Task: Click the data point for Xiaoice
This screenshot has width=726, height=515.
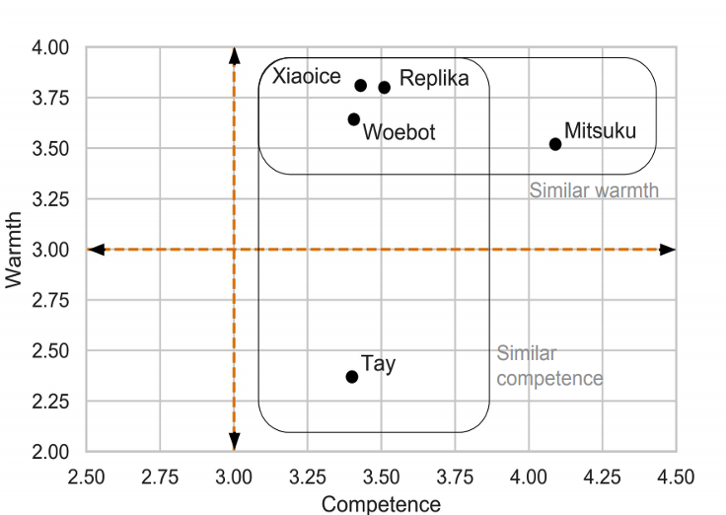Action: tap(361, 86)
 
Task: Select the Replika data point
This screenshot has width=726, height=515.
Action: tap(385, 88)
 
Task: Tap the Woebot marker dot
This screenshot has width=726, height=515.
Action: tap(354, 119)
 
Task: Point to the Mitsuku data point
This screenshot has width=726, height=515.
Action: tap(555, 144)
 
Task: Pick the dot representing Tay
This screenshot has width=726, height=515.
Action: tap(352, 377)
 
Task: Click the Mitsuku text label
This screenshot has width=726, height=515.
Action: tap(600, 130)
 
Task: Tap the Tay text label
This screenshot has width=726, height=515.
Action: tap(379, 363)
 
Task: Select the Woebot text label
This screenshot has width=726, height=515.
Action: tap(399, 132)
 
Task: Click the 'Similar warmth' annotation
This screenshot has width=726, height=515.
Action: tap(594, 190)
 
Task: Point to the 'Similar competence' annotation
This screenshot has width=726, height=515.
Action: tap(549, 365)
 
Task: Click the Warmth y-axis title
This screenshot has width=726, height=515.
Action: tap(14, 250)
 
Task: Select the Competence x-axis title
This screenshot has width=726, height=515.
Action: tap(382, 504)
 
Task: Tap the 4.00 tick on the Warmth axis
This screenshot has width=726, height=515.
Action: tap(50, 47)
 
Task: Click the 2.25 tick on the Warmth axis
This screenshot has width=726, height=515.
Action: tap(50, 402)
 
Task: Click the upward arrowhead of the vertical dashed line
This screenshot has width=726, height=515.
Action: tap(234, 53)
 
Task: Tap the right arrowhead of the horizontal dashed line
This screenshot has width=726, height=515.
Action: tap(668, 250)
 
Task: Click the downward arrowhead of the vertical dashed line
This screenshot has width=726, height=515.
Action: tap(234, 444)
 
